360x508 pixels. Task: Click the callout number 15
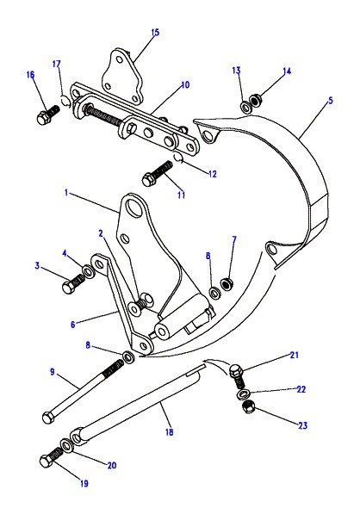[x=155, y=33]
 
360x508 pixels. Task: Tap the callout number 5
[x=331, y=101]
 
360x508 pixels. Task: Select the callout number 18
[x=169, y=432]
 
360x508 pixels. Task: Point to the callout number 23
[x=302, y=425]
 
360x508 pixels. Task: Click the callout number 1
[x=66, y=193]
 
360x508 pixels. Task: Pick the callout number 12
[x=212, y=174]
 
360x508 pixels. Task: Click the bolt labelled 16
[x=48, y=115]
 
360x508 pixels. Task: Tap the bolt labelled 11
[x=157, y=173]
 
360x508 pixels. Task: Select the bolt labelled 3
[x=73, y=283]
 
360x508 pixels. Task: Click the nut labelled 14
[x=256, y=100]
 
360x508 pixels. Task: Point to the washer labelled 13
[x=245, y=106]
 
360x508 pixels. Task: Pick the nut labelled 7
[x=226, y=284]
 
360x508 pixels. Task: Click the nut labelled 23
[x=249, y=407]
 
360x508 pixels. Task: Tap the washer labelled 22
[x=242, y=394]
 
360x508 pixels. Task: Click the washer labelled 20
[x=66, y=445]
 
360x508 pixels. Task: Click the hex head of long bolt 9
[x=48, y=418]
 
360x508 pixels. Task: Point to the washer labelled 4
[x=88, y=271]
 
